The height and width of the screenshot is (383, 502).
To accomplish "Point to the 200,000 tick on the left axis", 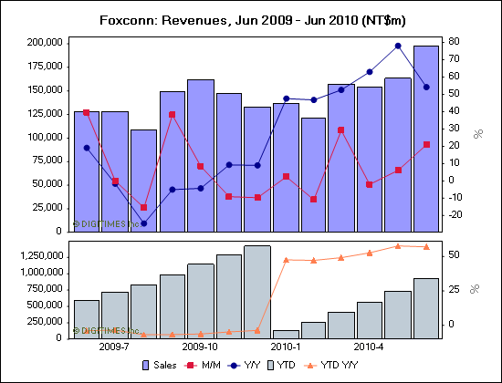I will [44, 43].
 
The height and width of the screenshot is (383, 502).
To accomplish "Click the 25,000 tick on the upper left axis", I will [47, 208].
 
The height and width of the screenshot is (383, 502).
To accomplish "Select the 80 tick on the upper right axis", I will [452, 41].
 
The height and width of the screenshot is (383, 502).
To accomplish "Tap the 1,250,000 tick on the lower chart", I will [39, 257].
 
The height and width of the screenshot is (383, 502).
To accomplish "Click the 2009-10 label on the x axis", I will [200, 347].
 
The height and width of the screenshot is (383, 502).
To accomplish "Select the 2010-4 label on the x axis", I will [369, 347].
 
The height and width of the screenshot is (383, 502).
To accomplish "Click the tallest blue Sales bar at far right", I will [425, 137].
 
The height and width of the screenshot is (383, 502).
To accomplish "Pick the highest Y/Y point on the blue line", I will [398, 46].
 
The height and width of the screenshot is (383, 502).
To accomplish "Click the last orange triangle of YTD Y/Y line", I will [425, 246].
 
